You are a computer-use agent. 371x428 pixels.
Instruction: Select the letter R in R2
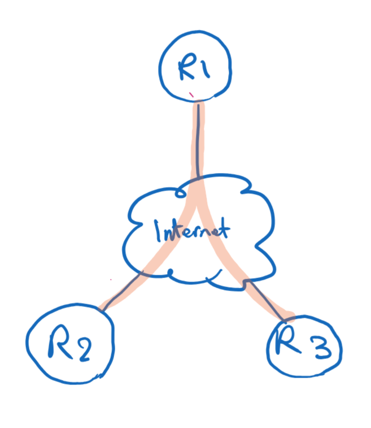click(59, 341)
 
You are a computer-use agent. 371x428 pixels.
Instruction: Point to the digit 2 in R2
click(83, 349)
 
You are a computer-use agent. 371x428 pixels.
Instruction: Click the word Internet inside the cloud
click(192, 231)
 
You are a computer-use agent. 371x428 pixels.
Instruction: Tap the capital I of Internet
click(158, 231)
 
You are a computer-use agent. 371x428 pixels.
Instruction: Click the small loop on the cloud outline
click(180, 194)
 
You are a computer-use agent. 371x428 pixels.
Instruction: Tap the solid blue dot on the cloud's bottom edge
click(171, 272)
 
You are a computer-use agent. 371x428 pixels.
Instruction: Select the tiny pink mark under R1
click(191, 94)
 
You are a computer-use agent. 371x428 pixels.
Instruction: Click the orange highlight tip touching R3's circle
click(290, 317)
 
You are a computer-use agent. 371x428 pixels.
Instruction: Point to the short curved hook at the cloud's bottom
click(214, 276)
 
